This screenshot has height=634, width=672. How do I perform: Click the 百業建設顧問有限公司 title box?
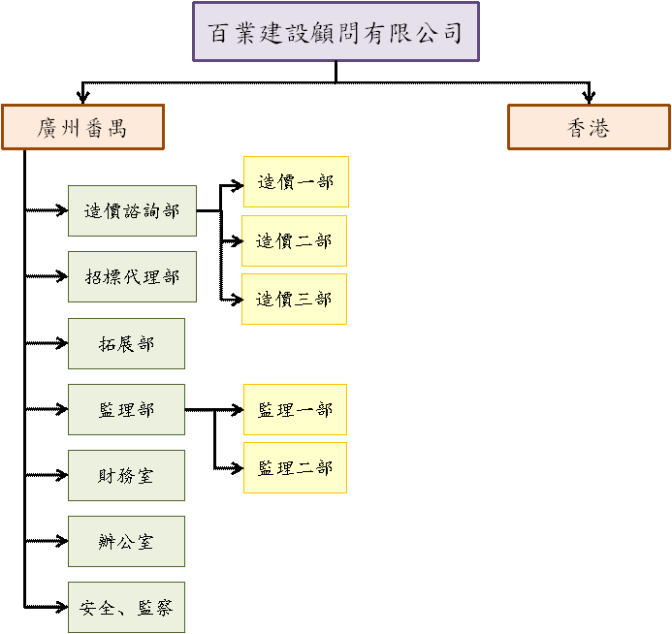(336, 31)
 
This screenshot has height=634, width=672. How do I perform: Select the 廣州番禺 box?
(82, 127)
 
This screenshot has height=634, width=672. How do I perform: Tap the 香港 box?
(589, 127)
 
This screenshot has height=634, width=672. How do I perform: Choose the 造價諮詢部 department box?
(132, 210)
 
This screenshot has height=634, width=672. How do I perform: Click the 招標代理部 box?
(132, 276)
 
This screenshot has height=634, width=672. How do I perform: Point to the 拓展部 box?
(126, 343)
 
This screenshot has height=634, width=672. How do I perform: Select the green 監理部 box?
(126, 409)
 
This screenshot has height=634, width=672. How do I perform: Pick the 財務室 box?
(126, 475)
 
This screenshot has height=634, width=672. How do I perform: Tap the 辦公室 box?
(126, 541)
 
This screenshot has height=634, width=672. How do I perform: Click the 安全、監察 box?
(126, 608)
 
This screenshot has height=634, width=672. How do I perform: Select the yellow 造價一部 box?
(296, 181)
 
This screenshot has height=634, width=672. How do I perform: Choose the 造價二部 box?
(294, 240)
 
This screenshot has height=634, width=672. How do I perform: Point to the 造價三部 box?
(294, 299)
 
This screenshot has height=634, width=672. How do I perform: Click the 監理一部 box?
(295, 409)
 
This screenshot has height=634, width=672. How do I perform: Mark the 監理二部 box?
(295, 467)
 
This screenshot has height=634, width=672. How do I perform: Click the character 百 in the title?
(220, 32)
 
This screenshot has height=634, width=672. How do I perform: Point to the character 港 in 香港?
(599, 128)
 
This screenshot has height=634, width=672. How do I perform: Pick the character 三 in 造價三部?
(306, 300)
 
